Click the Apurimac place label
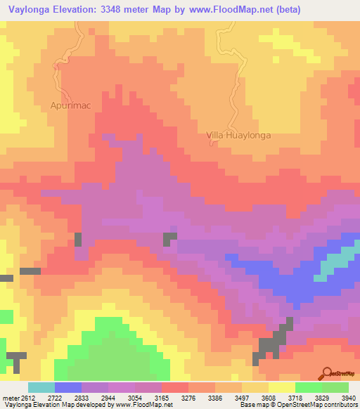tap(70, 105)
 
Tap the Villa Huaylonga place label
tap(238, 135)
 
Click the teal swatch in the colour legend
tap(41, 387)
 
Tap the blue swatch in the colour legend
tap(68, 387)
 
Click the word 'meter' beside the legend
tap(12, 398)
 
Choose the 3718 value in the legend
tap(300, 398)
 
